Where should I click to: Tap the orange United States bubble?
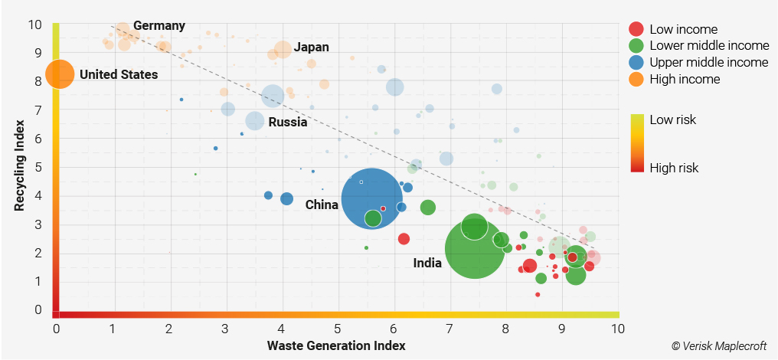coord(60,74)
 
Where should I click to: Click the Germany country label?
coord(159,25)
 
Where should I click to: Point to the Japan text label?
coord(311,47)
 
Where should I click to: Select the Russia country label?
coord(288,122)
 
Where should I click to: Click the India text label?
coord(427,263)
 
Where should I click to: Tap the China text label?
coord(322,205)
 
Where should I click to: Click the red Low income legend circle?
coord(636,29)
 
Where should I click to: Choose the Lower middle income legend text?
coord(709,46)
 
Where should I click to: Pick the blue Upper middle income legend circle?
coord(636,63)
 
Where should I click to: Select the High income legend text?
coord(685,79)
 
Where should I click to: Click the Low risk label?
coord(672,119)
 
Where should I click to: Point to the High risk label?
coord(674,168)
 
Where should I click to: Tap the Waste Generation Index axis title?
coord(336,345)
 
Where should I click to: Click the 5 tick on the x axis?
coord(338,329)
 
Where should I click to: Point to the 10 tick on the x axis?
coord(617,329)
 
